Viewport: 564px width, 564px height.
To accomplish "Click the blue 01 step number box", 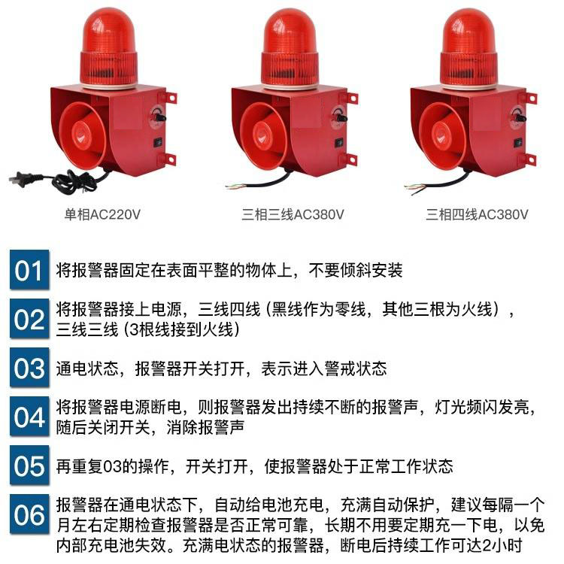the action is click(x=29, y=269).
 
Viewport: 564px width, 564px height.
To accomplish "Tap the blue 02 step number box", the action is click(x=29, y=318).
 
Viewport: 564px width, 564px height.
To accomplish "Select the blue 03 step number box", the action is click(x=29, y=367).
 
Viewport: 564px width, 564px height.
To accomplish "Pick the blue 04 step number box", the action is click(x=29, y=416).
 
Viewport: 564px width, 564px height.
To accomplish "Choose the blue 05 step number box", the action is click(x=29, y=465).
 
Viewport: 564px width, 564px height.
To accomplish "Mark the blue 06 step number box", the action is click(x=29, y=514).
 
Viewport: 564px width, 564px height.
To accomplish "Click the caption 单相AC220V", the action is click(x=102, y=215).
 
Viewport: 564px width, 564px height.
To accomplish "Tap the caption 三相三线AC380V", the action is click(x=293, y=215).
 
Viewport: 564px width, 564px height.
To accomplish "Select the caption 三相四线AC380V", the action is click(x=477, y=215).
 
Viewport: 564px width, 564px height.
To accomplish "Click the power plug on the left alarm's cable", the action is click(x=21, y=179).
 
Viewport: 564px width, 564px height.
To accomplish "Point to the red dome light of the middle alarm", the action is click(x=290, y=48).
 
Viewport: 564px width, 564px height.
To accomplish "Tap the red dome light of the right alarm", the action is click(x=468, y=48).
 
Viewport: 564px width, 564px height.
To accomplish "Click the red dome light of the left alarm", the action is click(x=108, y=48).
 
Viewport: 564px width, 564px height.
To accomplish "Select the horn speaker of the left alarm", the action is click(x=83, y=136).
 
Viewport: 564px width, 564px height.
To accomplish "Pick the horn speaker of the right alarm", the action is click(x=443, y=136).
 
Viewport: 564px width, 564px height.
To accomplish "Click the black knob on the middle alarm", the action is click(x=340, y=117).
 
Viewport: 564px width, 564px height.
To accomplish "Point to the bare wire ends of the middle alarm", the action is click(x=234, y=186).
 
